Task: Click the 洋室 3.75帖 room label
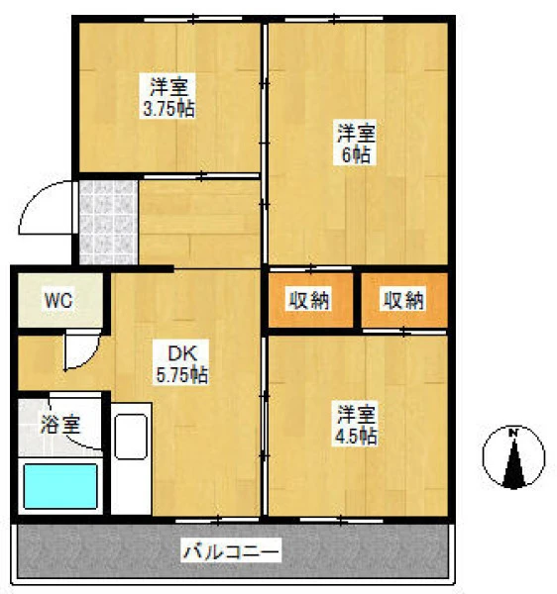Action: click(167, 96)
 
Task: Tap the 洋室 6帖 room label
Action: click(355, 143)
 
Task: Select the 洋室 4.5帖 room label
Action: click(355, 424)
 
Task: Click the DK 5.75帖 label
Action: click(181, 362)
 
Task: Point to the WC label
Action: click(58, 300)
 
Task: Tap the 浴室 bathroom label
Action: click(60, 424)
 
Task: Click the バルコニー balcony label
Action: click(231, 550)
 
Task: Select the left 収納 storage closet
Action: click(310, 300)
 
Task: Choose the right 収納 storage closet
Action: click(404, 300)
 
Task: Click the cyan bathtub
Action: click(60, 486)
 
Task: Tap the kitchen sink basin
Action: click(131, 437)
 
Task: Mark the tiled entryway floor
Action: click(108, 223)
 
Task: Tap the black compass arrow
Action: click(514, 463)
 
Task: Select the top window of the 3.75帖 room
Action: click(193, 19)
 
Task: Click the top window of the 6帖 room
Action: click(334, 19)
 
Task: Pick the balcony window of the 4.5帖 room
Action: click(341, 521)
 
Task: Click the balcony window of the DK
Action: click(217, 521)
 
